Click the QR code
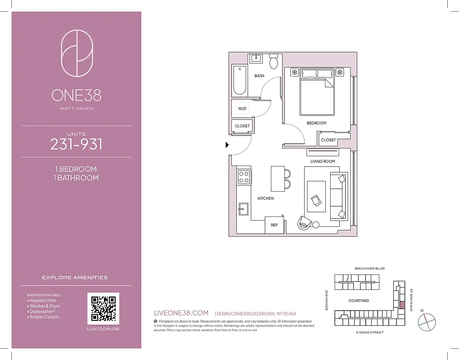tap(103, 308)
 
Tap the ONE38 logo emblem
tap(76, 53)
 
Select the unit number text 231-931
tap(76, 144)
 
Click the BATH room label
tap(259, 76)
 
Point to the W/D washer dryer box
tap(242, 108)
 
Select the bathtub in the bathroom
tap(239, 80)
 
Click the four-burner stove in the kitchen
tap(243, 176)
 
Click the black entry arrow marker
tap(227, 145)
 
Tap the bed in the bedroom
tap(317, 91)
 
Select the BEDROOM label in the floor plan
tap(316, 123)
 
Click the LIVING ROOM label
tap(322, 161)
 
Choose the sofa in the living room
tap(339, 196)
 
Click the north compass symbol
tap(427, 321)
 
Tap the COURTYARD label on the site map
tap(358, 301)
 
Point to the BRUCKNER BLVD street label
tap(369, 269)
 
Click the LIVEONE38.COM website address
tap(181, 313)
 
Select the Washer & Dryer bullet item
tap(45, 306)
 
